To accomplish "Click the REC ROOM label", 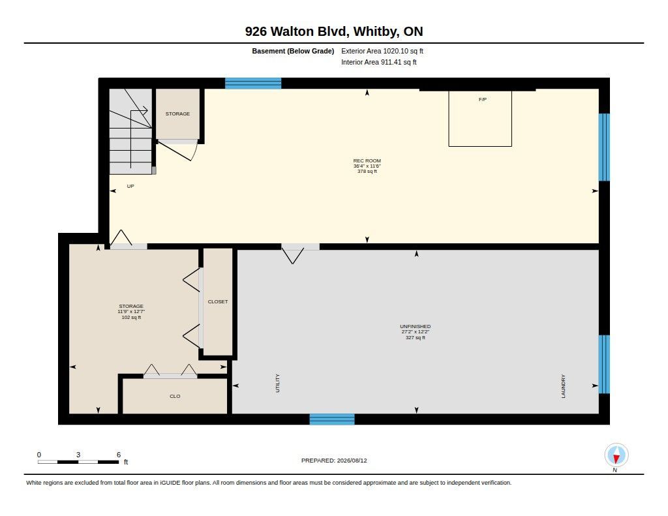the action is pos(367,160).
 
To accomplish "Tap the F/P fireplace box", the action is pos(480,119).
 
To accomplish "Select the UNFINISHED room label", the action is pos(415,326).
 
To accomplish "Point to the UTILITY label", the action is pos(278,383).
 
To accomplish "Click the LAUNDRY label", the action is pos(563,386).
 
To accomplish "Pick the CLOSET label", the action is pos(218,301).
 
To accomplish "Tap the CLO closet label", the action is pos(175,396).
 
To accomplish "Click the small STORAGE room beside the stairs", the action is pos(177,114).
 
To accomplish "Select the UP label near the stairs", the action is pos(130,186).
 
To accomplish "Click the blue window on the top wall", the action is pos(253,83).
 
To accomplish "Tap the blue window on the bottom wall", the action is pos(332,419).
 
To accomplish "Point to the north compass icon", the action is pos(616,455).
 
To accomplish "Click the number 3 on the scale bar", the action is pos(78,455).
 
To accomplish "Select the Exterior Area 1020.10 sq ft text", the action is pos(382,51).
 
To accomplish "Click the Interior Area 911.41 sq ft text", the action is pos(379,62).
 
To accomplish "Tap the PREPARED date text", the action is pos(334,461).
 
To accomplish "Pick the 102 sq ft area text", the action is pos(131,318).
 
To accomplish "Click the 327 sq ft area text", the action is pos(416,337).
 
